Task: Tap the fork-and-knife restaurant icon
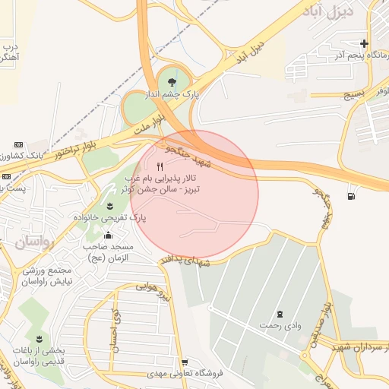[160, 167]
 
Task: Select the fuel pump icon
[350, 197]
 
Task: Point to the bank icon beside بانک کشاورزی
[18, 144]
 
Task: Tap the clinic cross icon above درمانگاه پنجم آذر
[365, 43]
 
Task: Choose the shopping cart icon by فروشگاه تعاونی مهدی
[185, 362]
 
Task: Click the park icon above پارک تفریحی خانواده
[111, 205]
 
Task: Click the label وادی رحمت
[280, 325]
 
